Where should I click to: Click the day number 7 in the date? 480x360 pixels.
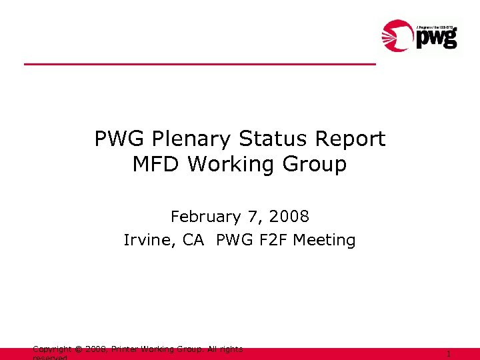point(254,217)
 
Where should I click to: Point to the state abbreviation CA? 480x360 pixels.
point(193,240)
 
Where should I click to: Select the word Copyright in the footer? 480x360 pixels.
point(52,349)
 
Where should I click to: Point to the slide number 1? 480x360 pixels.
point(449,355)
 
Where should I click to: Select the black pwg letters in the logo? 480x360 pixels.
point(437,38)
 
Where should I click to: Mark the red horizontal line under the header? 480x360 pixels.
point(200,64)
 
